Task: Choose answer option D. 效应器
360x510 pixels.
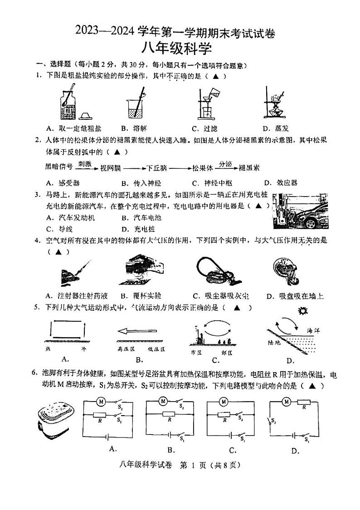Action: [281, 183]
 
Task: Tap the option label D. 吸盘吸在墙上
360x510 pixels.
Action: [295, 296]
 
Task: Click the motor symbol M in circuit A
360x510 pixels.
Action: [102, 402]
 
